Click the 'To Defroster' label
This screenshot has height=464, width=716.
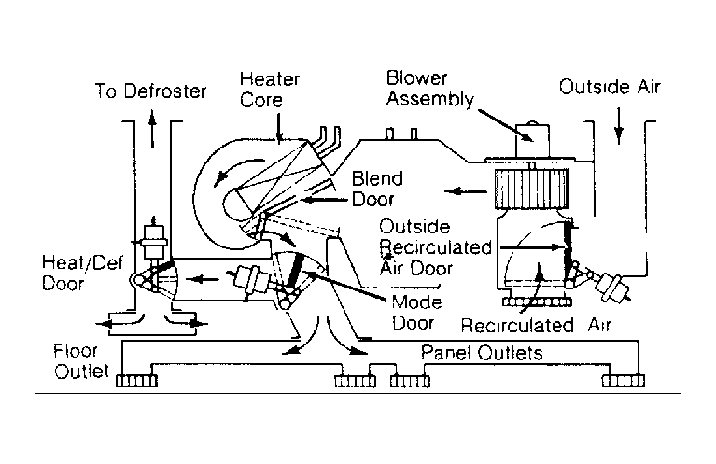coord(150,91)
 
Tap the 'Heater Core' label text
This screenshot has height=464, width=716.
coord(270,90)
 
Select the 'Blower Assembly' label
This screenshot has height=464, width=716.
coord(430,89)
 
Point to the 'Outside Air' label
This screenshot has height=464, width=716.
coord(610,87)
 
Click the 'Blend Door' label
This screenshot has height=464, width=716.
coord(377,189)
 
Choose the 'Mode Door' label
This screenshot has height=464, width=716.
coord(416,313)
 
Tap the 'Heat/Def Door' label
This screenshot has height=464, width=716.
coord(83,273)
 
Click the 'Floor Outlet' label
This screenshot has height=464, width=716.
coord(81,360)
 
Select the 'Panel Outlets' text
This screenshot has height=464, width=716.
coord(482,353)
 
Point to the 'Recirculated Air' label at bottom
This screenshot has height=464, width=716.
coord(536,325)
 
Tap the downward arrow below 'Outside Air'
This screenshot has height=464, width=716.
coord(619,126)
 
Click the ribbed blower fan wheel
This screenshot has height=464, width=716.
coord(532,190)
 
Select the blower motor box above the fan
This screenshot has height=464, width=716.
coord(532,140)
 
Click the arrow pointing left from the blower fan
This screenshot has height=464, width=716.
coord(466,191)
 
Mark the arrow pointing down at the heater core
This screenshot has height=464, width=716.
coord(279,127)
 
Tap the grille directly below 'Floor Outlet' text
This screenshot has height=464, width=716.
coord(136,381)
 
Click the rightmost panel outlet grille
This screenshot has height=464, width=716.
coord(623,380)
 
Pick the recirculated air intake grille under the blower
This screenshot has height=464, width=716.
coord(537,302)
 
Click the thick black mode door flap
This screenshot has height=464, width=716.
coord(294,272)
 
